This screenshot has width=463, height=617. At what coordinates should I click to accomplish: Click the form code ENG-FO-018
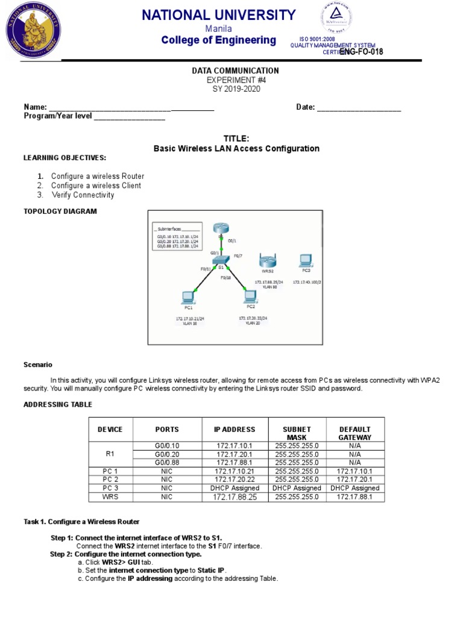click(x=361, y=52)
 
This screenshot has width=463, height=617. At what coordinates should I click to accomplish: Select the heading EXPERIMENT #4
click(x=235, y=80)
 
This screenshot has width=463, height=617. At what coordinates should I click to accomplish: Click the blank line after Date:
click(x=359, y=108)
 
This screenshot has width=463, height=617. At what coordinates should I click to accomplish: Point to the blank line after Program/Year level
click(x=129, y=116)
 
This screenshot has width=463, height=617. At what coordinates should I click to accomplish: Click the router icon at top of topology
click(x=222, y=228)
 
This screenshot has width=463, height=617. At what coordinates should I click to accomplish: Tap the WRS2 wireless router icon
click(x=266, y=261)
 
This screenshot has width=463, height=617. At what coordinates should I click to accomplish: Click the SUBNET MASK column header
click(x=297, y=433)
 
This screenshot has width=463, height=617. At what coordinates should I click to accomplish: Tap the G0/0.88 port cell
click(x=167, y=462)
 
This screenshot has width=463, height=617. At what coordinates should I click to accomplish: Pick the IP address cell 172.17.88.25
click(x=235, y=497)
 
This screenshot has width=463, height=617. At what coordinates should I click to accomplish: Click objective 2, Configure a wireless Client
click(x=96, y=186)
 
